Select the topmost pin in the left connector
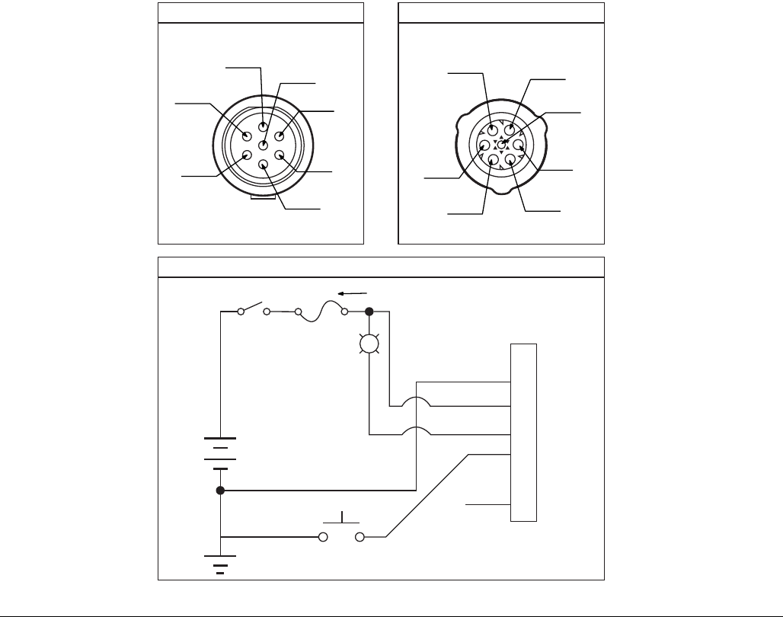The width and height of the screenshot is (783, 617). point(264,126)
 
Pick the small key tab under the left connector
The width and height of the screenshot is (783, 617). point(262,200)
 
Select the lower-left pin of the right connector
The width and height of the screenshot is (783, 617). point(492,160)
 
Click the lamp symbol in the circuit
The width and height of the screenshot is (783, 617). point(369,344)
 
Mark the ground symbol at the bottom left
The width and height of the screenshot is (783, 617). point(220,564)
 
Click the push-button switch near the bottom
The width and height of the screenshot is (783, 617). point(341,533)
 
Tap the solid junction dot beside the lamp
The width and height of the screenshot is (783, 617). point(369,312)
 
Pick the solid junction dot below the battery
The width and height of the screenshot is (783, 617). point(220,491)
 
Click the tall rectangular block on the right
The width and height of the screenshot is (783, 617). point(524,433)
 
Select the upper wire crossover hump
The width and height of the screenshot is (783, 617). point(417,403)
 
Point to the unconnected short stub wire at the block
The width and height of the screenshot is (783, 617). point(488,504)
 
